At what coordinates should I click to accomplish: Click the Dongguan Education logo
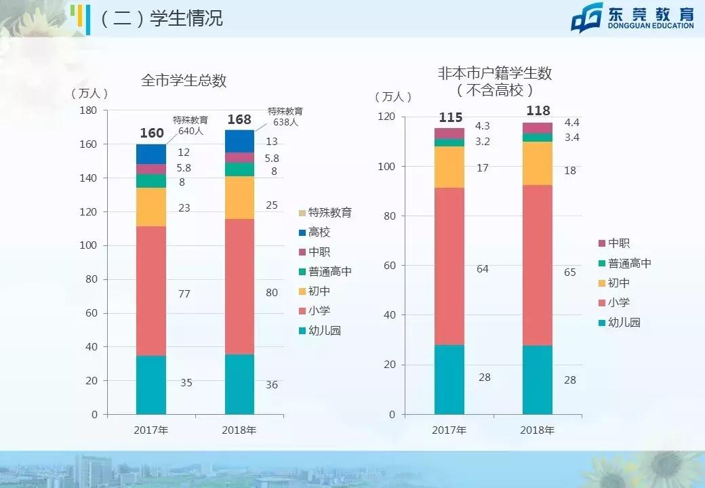(632, 18)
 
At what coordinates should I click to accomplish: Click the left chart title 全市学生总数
(184, 81)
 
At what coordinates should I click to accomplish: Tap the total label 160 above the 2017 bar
(152, 134)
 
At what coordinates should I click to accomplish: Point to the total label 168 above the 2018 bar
(239, 120)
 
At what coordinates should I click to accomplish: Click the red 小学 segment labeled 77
(151, 291)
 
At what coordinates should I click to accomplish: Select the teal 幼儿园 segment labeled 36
(239, 384)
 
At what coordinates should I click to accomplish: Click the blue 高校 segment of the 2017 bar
(151, 154)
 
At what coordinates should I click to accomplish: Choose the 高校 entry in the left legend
(319, 232)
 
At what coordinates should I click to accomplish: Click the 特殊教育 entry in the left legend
(325, 213)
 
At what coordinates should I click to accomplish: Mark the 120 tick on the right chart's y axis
(386, 117)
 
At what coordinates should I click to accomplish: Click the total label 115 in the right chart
(450, 118)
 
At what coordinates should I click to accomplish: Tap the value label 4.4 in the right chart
(571, 123)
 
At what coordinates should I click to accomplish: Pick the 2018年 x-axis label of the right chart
(537, 430)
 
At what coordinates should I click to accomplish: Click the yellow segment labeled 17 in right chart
(449, 167)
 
